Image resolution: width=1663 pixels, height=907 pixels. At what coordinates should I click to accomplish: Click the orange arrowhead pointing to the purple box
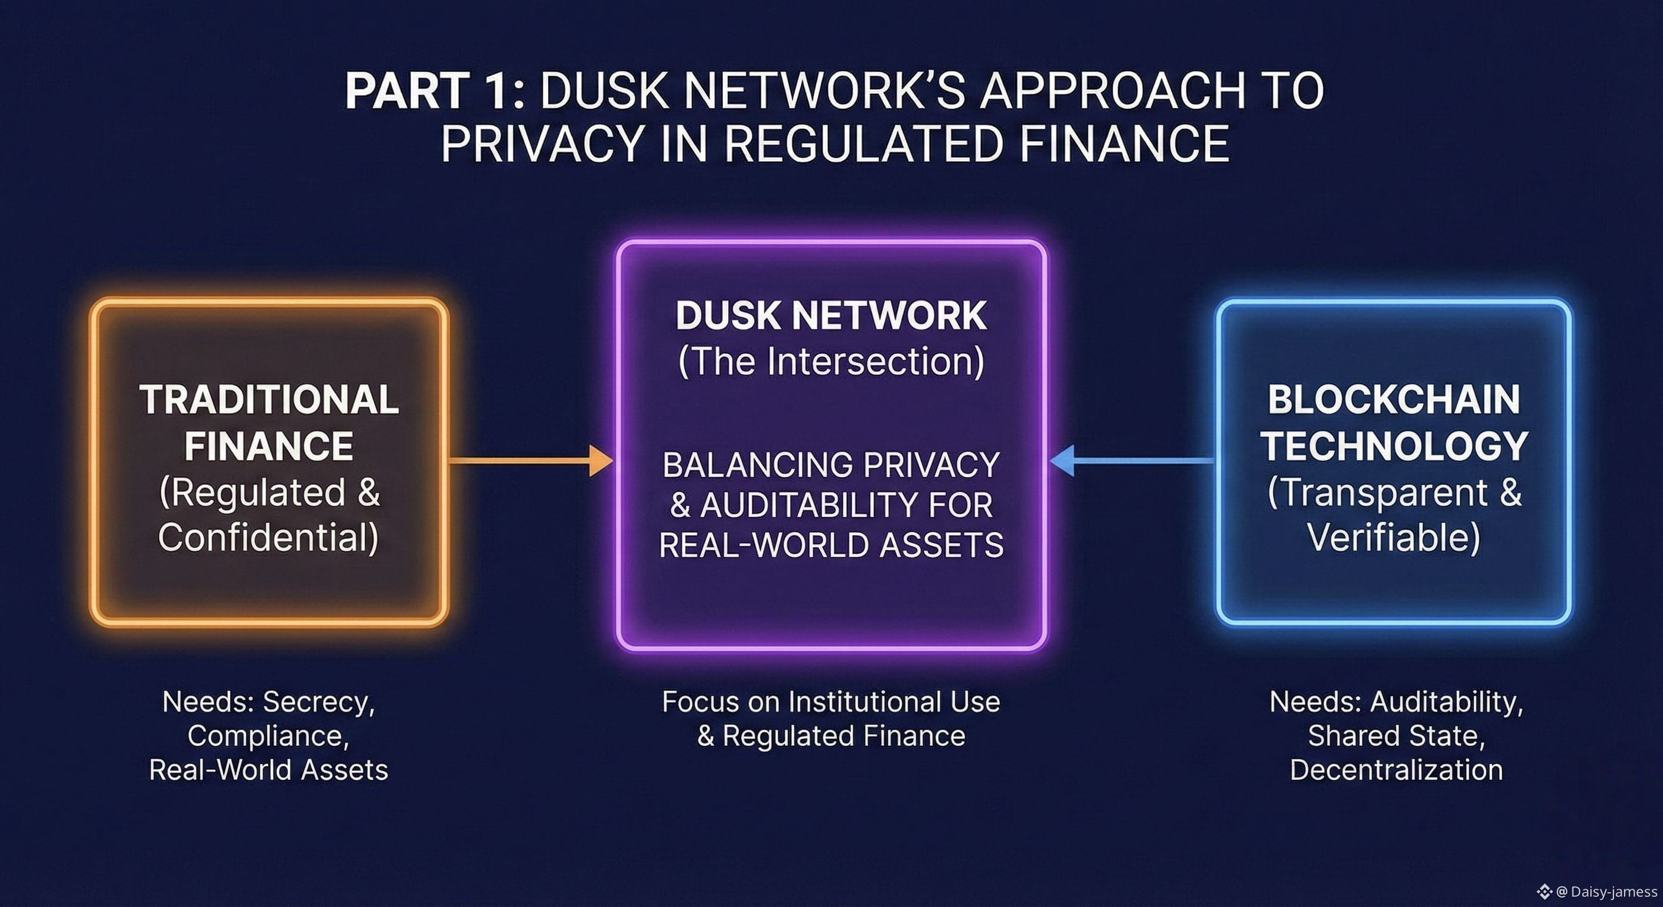[601, 460]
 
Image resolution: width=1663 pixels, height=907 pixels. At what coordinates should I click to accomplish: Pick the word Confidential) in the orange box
[269, 537]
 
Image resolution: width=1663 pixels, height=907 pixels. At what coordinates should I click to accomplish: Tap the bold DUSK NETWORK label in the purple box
[831, 316]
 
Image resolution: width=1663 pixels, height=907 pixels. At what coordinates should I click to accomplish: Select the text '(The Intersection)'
[831, 361]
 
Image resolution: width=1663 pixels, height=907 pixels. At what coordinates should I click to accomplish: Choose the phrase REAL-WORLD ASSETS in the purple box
[831, 545]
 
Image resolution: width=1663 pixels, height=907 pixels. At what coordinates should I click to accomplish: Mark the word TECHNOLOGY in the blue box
[1394, 445]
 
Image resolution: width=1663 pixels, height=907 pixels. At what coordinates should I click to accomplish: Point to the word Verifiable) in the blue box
[1394, 537]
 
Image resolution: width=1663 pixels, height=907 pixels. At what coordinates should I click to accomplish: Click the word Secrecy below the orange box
[318, 702]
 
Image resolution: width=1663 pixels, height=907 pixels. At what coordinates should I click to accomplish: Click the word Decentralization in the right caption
[1395, 770]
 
